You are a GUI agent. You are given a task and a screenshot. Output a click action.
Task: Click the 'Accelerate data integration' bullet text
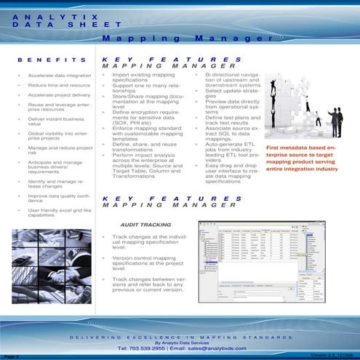click(60, 75)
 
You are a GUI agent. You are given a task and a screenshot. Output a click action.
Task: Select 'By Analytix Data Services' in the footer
click(180, 340)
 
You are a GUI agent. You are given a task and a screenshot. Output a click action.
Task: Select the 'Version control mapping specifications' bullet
click(143, 263)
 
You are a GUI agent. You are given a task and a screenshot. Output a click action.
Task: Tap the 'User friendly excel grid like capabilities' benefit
click(58, 212)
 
